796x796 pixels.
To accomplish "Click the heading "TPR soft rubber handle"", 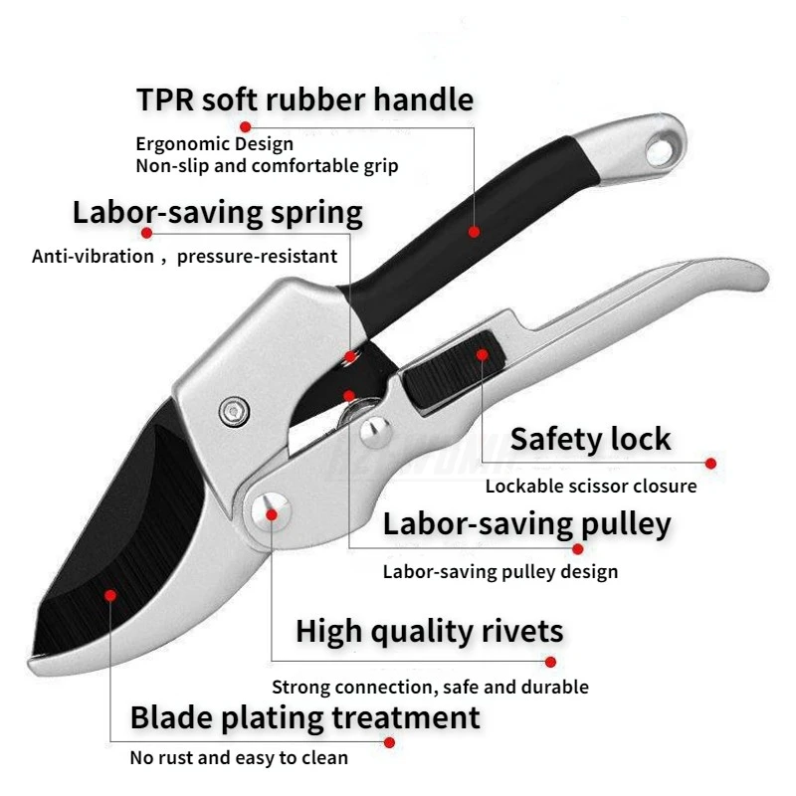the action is tap(304, 100).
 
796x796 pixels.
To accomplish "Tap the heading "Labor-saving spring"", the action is tap(218, 213).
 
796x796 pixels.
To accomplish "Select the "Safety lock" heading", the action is tap(590, 439).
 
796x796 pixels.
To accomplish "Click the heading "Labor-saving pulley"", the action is tap(526, 523).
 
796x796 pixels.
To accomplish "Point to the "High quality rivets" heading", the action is tap(429, 631).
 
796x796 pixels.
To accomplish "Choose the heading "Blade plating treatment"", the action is tap(305, 717).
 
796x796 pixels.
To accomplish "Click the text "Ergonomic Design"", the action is tap(215, 144).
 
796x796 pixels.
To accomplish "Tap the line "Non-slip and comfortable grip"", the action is tap(267, 166).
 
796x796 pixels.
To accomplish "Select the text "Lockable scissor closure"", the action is tap(591, 487).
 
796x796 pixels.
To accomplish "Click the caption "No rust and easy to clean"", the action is tap(239, 758).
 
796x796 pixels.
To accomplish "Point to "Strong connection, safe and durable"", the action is tap(430, 687).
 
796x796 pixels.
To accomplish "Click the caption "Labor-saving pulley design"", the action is tap(500, 571).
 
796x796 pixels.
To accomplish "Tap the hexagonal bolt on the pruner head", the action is tap(234, 410).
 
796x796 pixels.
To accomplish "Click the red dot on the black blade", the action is tap(110, 595).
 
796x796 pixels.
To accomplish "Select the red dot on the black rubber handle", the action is tap(474, 232).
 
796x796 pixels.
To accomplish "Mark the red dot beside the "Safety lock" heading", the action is tap(710, 463).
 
